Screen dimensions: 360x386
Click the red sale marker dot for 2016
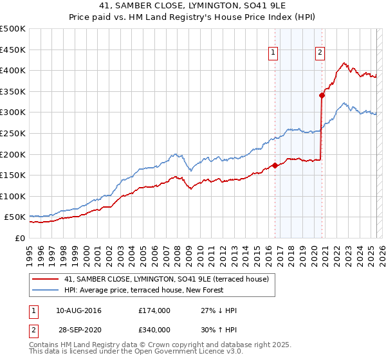(275, 165)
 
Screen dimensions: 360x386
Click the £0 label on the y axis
(19, 238)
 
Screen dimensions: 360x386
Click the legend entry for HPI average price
(143, 290)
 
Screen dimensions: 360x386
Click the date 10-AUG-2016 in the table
(78, 310)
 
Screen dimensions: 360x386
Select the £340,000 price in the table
(154, 330)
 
